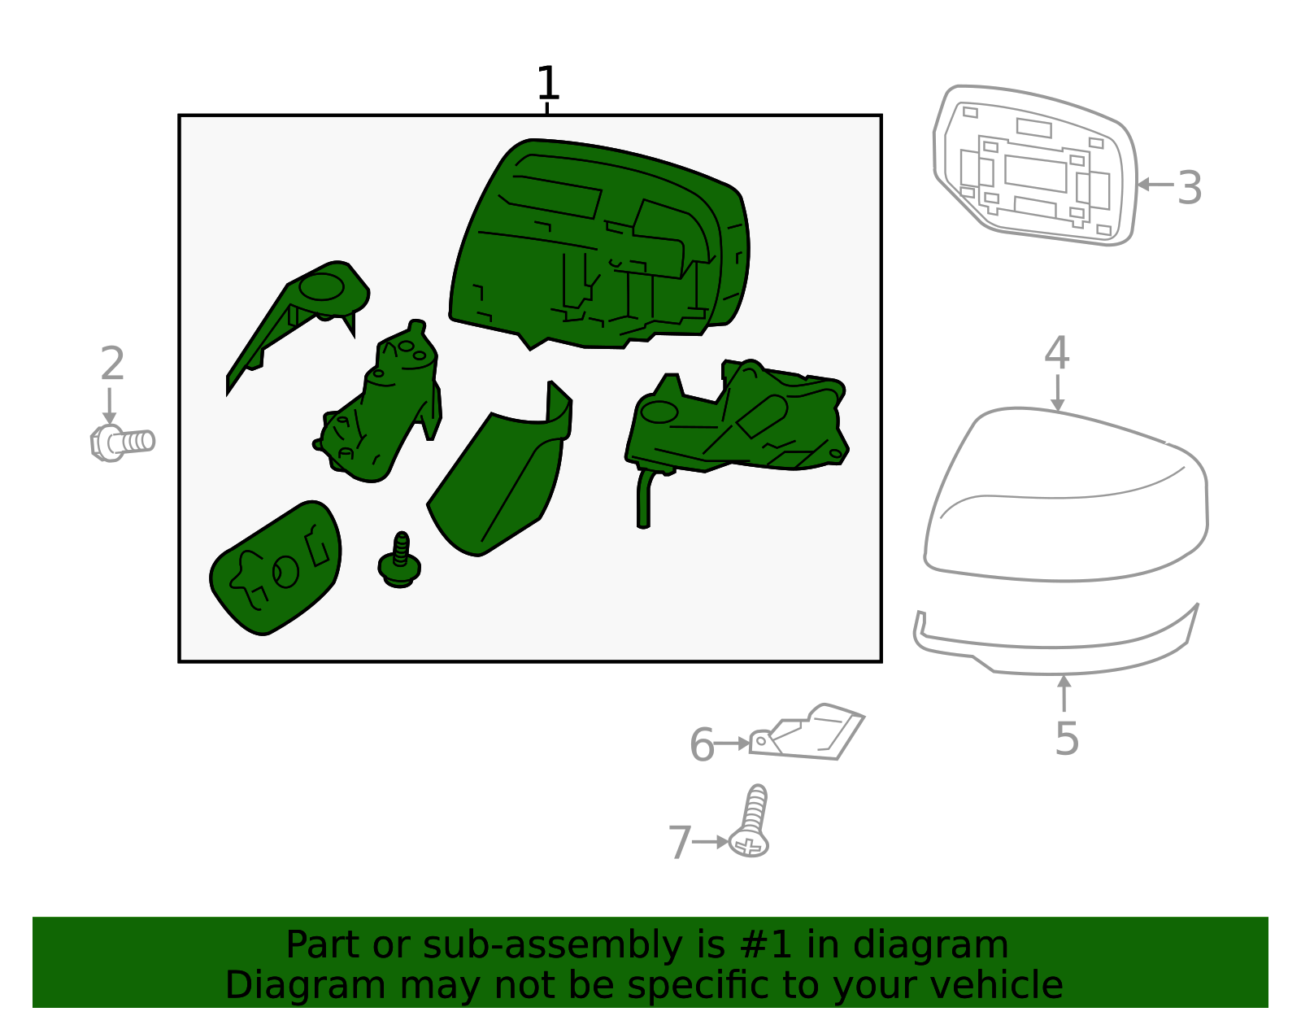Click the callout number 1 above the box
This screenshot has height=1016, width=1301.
point(547,83)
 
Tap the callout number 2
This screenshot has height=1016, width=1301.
point(112,364)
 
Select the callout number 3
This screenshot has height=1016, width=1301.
point(1189,188)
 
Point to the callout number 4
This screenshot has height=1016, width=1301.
point(1057,353)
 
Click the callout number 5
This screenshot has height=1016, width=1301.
point(1067,739)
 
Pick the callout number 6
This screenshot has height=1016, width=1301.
point(703,745)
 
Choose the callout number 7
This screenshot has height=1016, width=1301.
point(680,843)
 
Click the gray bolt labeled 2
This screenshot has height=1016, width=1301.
point(123,443)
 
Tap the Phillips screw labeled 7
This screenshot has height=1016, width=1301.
point(751,821)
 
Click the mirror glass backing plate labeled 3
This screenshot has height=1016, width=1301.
point(1035,165)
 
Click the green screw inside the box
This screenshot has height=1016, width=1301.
point(399,560)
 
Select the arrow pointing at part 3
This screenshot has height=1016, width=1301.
point(1155,185)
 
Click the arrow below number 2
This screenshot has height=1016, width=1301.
point(109,406)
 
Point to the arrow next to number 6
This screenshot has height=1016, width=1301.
point(732,743)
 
